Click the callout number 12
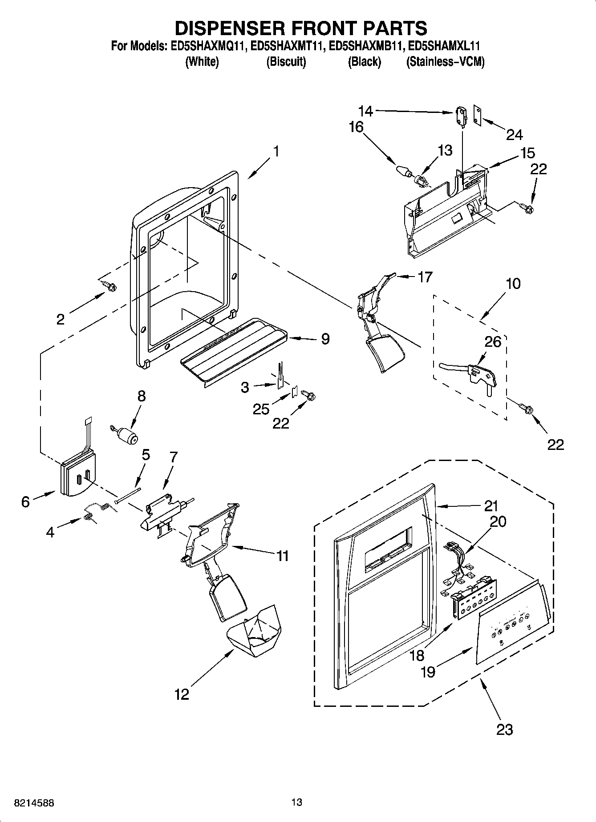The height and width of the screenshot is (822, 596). click(182, 694)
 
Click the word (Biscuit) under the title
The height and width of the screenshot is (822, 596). click(286, 62)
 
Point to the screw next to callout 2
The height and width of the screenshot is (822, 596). click(109, 285)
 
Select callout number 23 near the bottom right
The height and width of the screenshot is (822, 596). click(505, 729)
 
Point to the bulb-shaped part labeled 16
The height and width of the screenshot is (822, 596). click(402, 171)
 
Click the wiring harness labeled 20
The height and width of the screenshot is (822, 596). click(457, 567)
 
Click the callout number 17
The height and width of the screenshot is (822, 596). click(425, 277)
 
